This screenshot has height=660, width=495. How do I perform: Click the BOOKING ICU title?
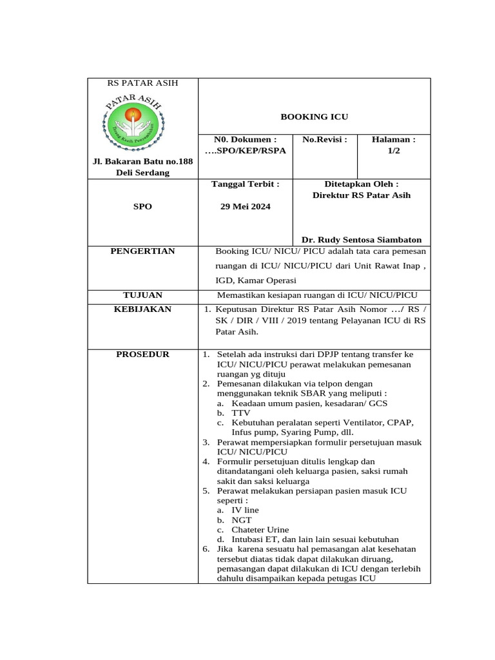point(314,117)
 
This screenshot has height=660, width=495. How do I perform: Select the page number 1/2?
point(393,150)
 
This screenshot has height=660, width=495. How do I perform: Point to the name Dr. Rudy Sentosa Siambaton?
point(366,239)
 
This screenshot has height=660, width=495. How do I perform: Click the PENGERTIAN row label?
point(142,251)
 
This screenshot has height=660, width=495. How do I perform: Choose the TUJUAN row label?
point(142,295)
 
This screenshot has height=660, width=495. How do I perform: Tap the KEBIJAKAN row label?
point(142,309)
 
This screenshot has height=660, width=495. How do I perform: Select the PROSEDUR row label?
point(142,354)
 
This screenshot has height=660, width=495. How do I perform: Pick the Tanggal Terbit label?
point(246,184)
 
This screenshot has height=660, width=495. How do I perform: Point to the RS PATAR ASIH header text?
point(142,83)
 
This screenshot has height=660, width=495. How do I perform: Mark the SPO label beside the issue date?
point(142,207)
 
